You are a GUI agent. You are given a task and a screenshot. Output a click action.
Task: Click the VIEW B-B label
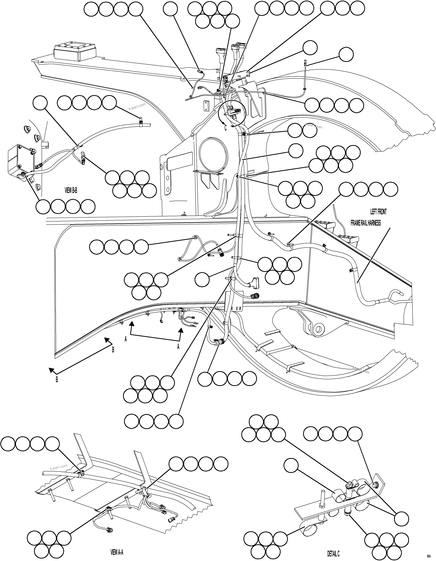point(71,190)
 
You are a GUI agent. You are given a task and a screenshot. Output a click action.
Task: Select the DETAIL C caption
point(333,554)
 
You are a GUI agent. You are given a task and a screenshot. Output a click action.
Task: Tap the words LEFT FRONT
point(378,212)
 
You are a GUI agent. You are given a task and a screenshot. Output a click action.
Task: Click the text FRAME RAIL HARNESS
point(366,223)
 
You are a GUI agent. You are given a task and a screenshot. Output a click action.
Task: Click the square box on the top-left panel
point(75,51)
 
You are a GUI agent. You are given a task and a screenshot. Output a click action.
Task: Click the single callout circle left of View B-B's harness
point(40,103)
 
